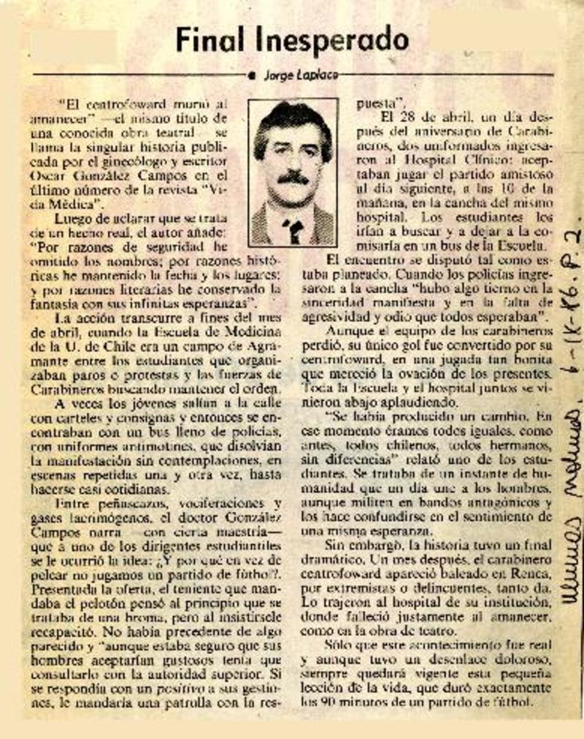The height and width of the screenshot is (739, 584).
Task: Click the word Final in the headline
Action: coord(211,38)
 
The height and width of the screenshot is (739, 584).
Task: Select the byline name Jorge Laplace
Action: coord(300,74)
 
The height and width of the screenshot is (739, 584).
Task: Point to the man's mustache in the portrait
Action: coord(293,177)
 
